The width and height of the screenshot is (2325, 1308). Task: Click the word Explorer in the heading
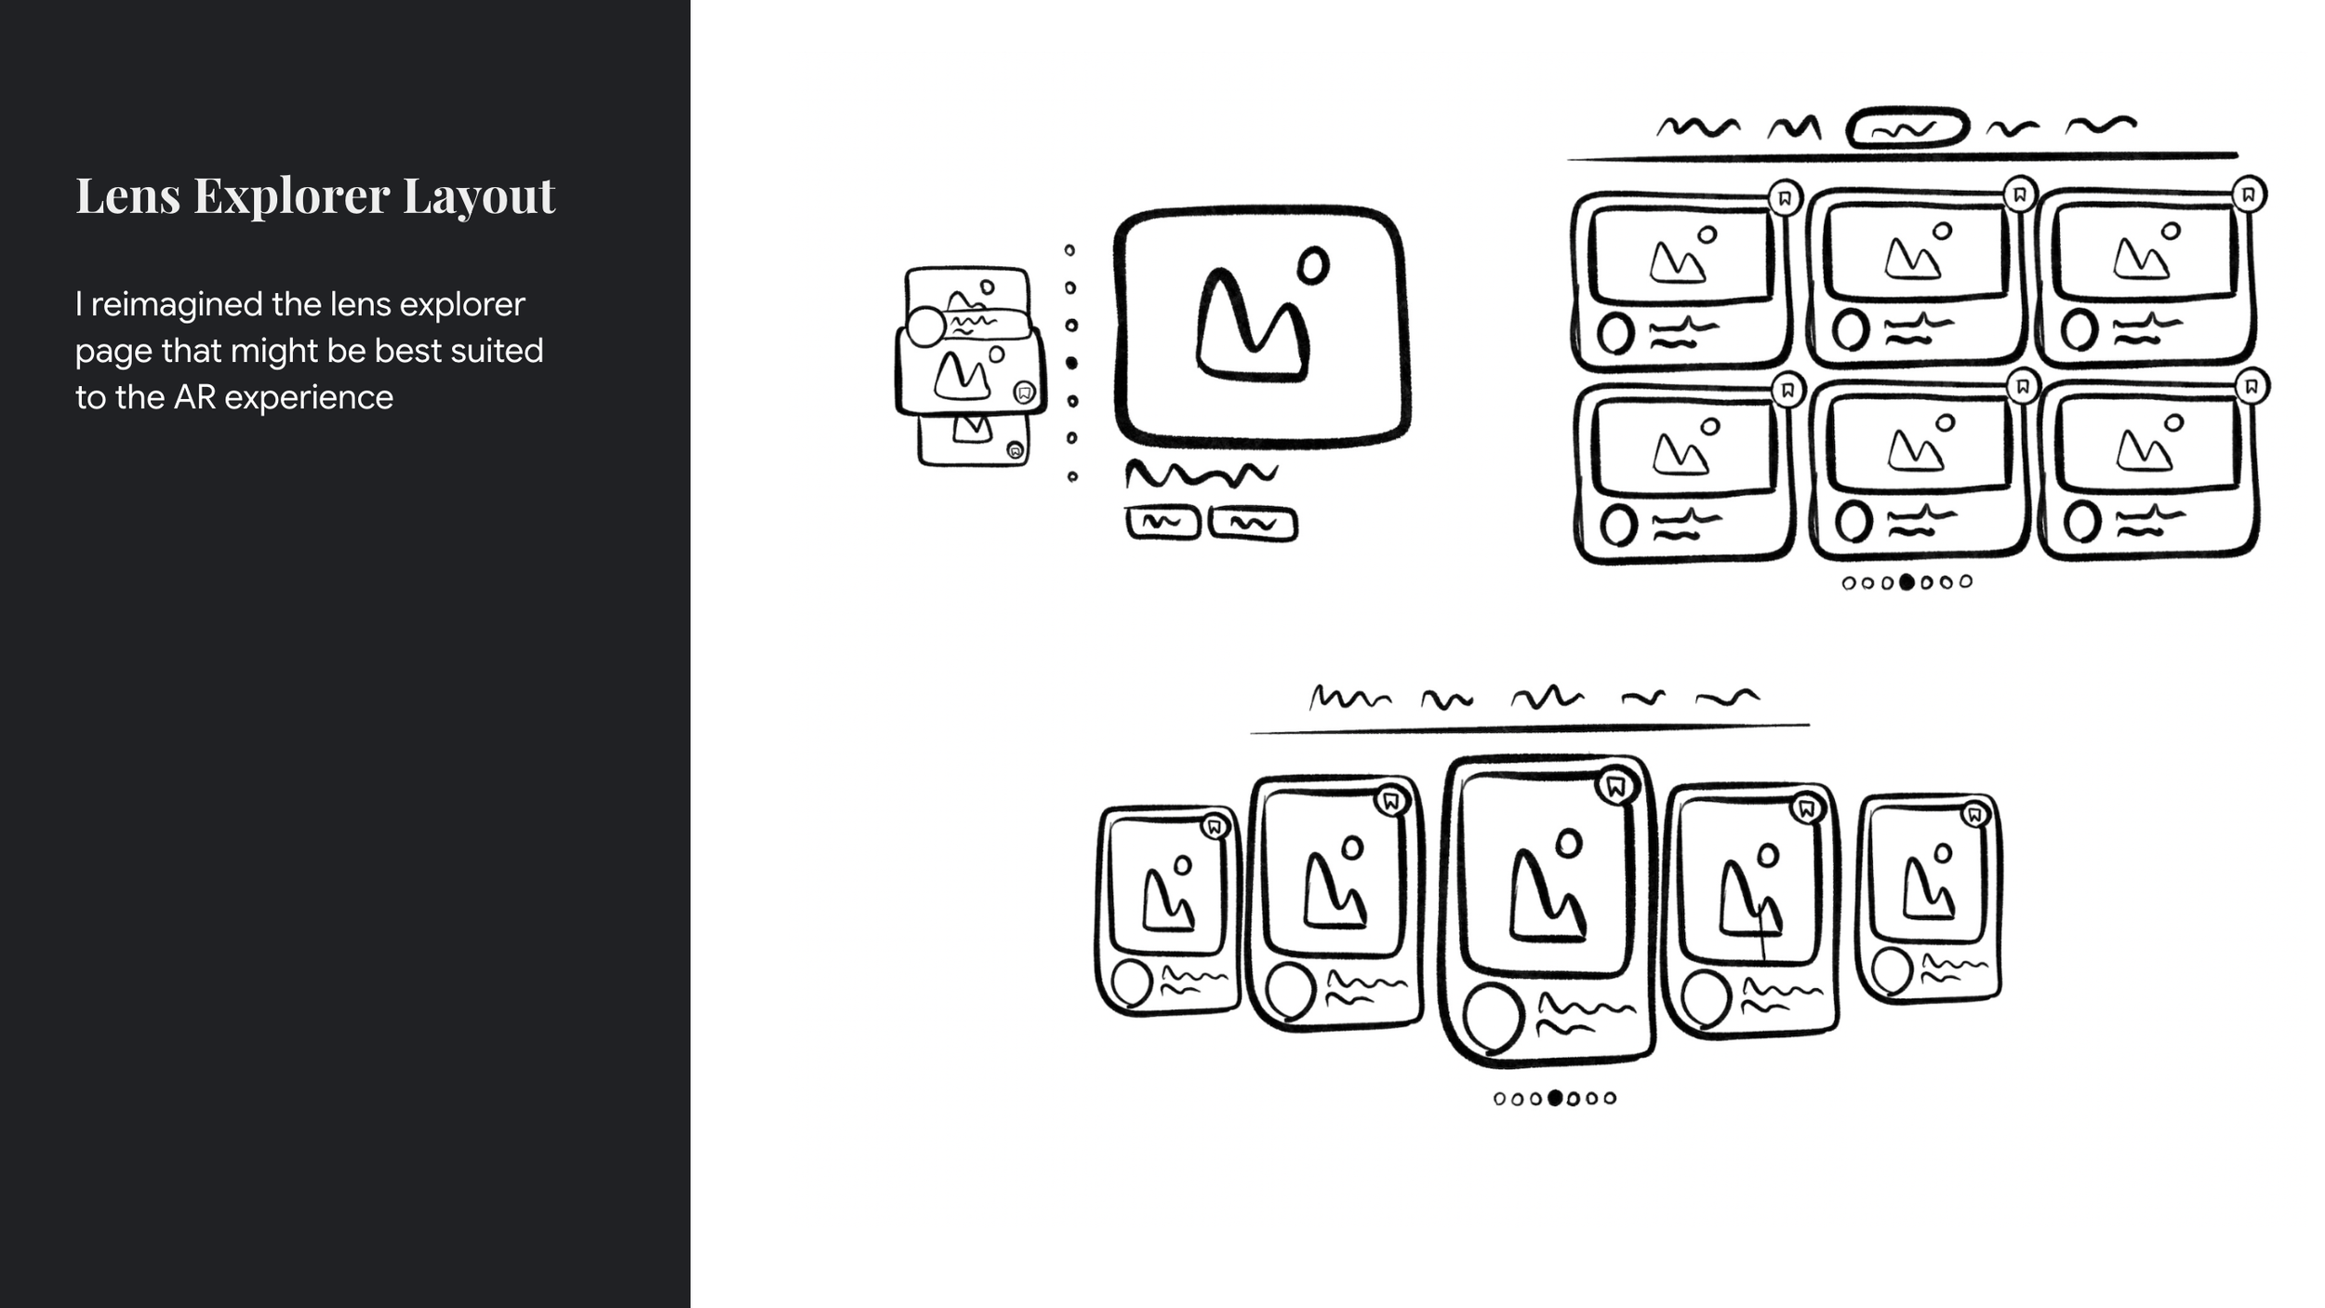tap(291, 197)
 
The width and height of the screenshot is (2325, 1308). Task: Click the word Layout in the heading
tap(479, 197)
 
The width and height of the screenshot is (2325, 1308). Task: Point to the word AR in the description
tap(194, 397)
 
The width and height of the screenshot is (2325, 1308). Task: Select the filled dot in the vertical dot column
tap(1071, 363)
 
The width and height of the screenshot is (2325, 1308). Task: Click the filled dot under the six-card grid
tap(1906, 581)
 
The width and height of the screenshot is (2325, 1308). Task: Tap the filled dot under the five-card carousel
tap(1555, 1098)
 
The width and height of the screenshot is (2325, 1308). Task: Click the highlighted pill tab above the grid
tap(1907, 128)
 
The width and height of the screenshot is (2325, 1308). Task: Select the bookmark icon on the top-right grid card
tap(2249, 194)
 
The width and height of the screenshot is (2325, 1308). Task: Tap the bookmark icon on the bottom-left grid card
tap(1787, 390)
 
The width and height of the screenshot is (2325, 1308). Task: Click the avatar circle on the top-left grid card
tap(1616, 334)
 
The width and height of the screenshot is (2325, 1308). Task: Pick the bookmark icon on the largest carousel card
tap(1616, 787)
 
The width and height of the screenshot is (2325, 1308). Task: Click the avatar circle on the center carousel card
tap(1494, 1018)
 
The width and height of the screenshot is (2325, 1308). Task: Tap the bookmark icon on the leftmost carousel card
tap(1214, 826)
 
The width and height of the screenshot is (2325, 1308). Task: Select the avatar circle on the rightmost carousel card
tap(1893, 970)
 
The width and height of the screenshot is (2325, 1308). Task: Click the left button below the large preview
tap(1162, 523)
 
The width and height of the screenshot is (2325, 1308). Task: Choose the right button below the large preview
tap(1253, 524)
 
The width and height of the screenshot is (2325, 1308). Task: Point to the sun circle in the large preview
tap(1313, 266)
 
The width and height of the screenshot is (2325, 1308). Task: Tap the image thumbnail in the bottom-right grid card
tap(2148, 445)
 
